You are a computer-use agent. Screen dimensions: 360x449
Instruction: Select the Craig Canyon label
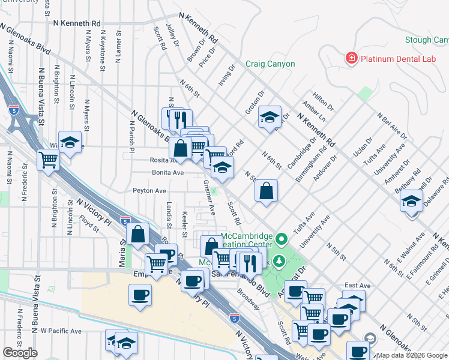(270, 64)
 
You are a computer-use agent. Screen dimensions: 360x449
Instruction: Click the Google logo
(20, 353)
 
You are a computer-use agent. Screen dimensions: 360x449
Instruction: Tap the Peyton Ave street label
(149, 191)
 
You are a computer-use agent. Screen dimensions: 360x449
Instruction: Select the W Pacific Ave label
(61, 331)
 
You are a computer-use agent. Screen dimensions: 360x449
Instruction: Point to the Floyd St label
(89, 226)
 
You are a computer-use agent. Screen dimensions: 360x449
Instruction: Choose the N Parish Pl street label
(131, 136)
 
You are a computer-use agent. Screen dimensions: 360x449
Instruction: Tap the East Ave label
(354, 286)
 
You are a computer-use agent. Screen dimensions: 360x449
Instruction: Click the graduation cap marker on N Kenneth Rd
(270, 116)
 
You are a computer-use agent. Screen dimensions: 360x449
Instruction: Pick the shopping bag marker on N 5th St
(266, 191)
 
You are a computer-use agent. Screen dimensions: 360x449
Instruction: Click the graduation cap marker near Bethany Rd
(412, 200)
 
